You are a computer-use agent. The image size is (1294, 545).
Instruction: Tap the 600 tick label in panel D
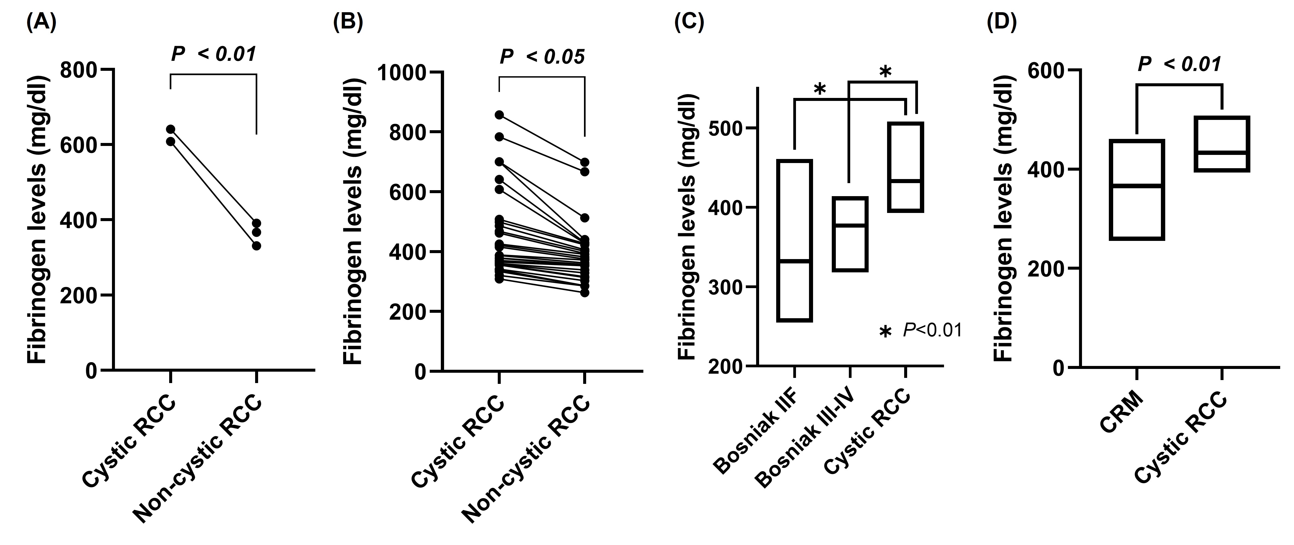(x=1047, y=70)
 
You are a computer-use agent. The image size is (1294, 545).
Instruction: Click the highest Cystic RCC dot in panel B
(x=499, y=115)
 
